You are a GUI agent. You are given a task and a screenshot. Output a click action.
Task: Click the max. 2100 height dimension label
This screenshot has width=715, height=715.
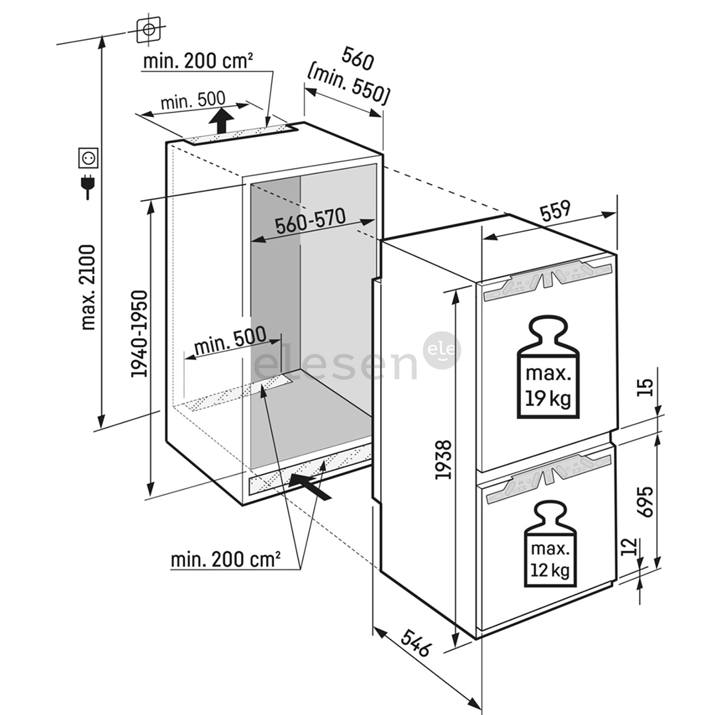click(x=88, y=287)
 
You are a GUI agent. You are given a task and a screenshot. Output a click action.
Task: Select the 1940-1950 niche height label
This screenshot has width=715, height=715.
click(x=140, y=334)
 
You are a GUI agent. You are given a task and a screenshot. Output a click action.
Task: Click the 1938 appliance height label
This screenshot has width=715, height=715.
click(x=444, y=459)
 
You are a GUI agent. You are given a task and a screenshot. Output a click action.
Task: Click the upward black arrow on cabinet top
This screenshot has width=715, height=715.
click(x=222, y=121)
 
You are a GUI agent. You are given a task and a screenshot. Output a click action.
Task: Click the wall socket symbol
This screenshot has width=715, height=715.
click(x=88, y=158)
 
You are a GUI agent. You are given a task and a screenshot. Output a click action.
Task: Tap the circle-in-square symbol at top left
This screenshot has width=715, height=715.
click(x=147, y=30)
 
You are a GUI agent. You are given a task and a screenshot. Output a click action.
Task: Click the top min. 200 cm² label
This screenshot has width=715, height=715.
click(x=198, y=62)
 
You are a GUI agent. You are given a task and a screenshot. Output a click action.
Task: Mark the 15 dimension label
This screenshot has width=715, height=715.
click(x=647, y=386)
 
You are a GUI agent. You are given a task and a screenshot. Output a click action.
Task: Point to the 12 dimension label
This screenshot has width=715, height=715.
click(x=630, y=546)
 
